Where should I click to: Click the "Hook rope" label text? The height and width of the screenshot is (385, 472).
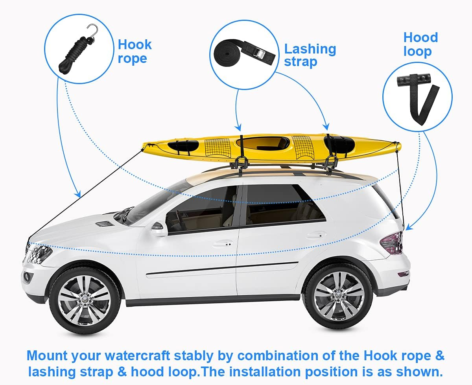coord(135,52)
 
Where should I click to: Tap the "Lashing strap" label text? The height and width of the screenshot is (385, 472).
coord(310,55)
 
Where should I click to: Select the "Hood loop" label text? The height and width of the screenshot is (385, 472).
coord(420,44)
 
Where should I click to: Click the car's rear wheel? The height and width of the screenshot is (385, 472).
coord(339,296)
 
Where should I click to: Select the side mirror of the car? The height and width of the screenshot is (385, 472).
coord(158,228)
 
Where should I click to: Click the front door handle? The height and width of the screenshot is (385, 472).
coord(223,244)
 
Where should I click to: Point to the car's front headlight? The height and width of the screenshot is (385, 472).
coord(39,254)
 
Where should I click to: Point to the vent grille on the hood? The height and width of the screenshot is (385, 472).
coord(104,224)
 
